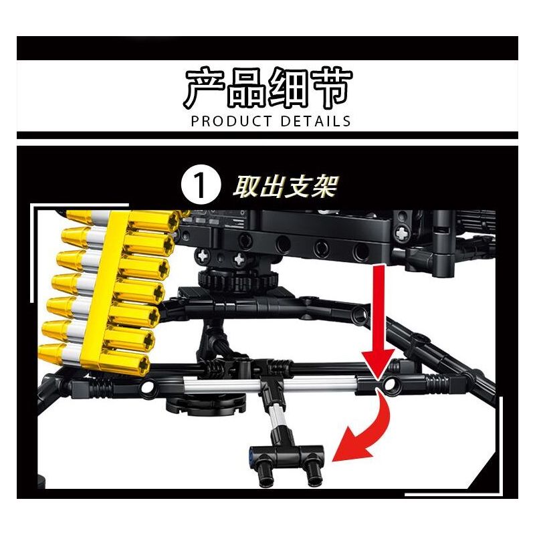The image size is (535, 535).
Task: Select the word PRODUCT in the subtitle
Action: coord(231,121)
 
